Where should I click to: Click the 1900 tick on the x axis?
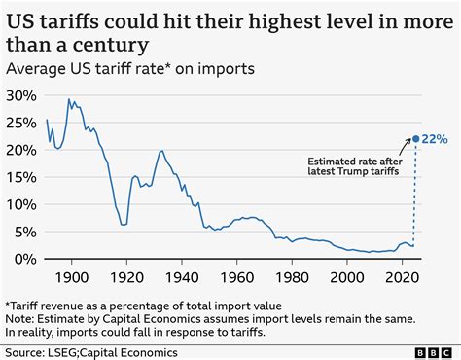73,279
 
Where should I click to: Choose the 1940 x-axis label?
180,279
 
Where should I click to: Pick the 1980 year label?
289,279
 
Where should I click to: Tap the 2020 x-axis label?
397,279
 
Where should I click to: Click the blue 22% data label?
435,139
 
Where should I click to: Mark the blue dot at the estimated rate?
415,139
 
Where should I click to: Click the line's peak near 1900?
69,99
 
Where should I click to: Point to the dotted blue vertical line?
415,204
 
